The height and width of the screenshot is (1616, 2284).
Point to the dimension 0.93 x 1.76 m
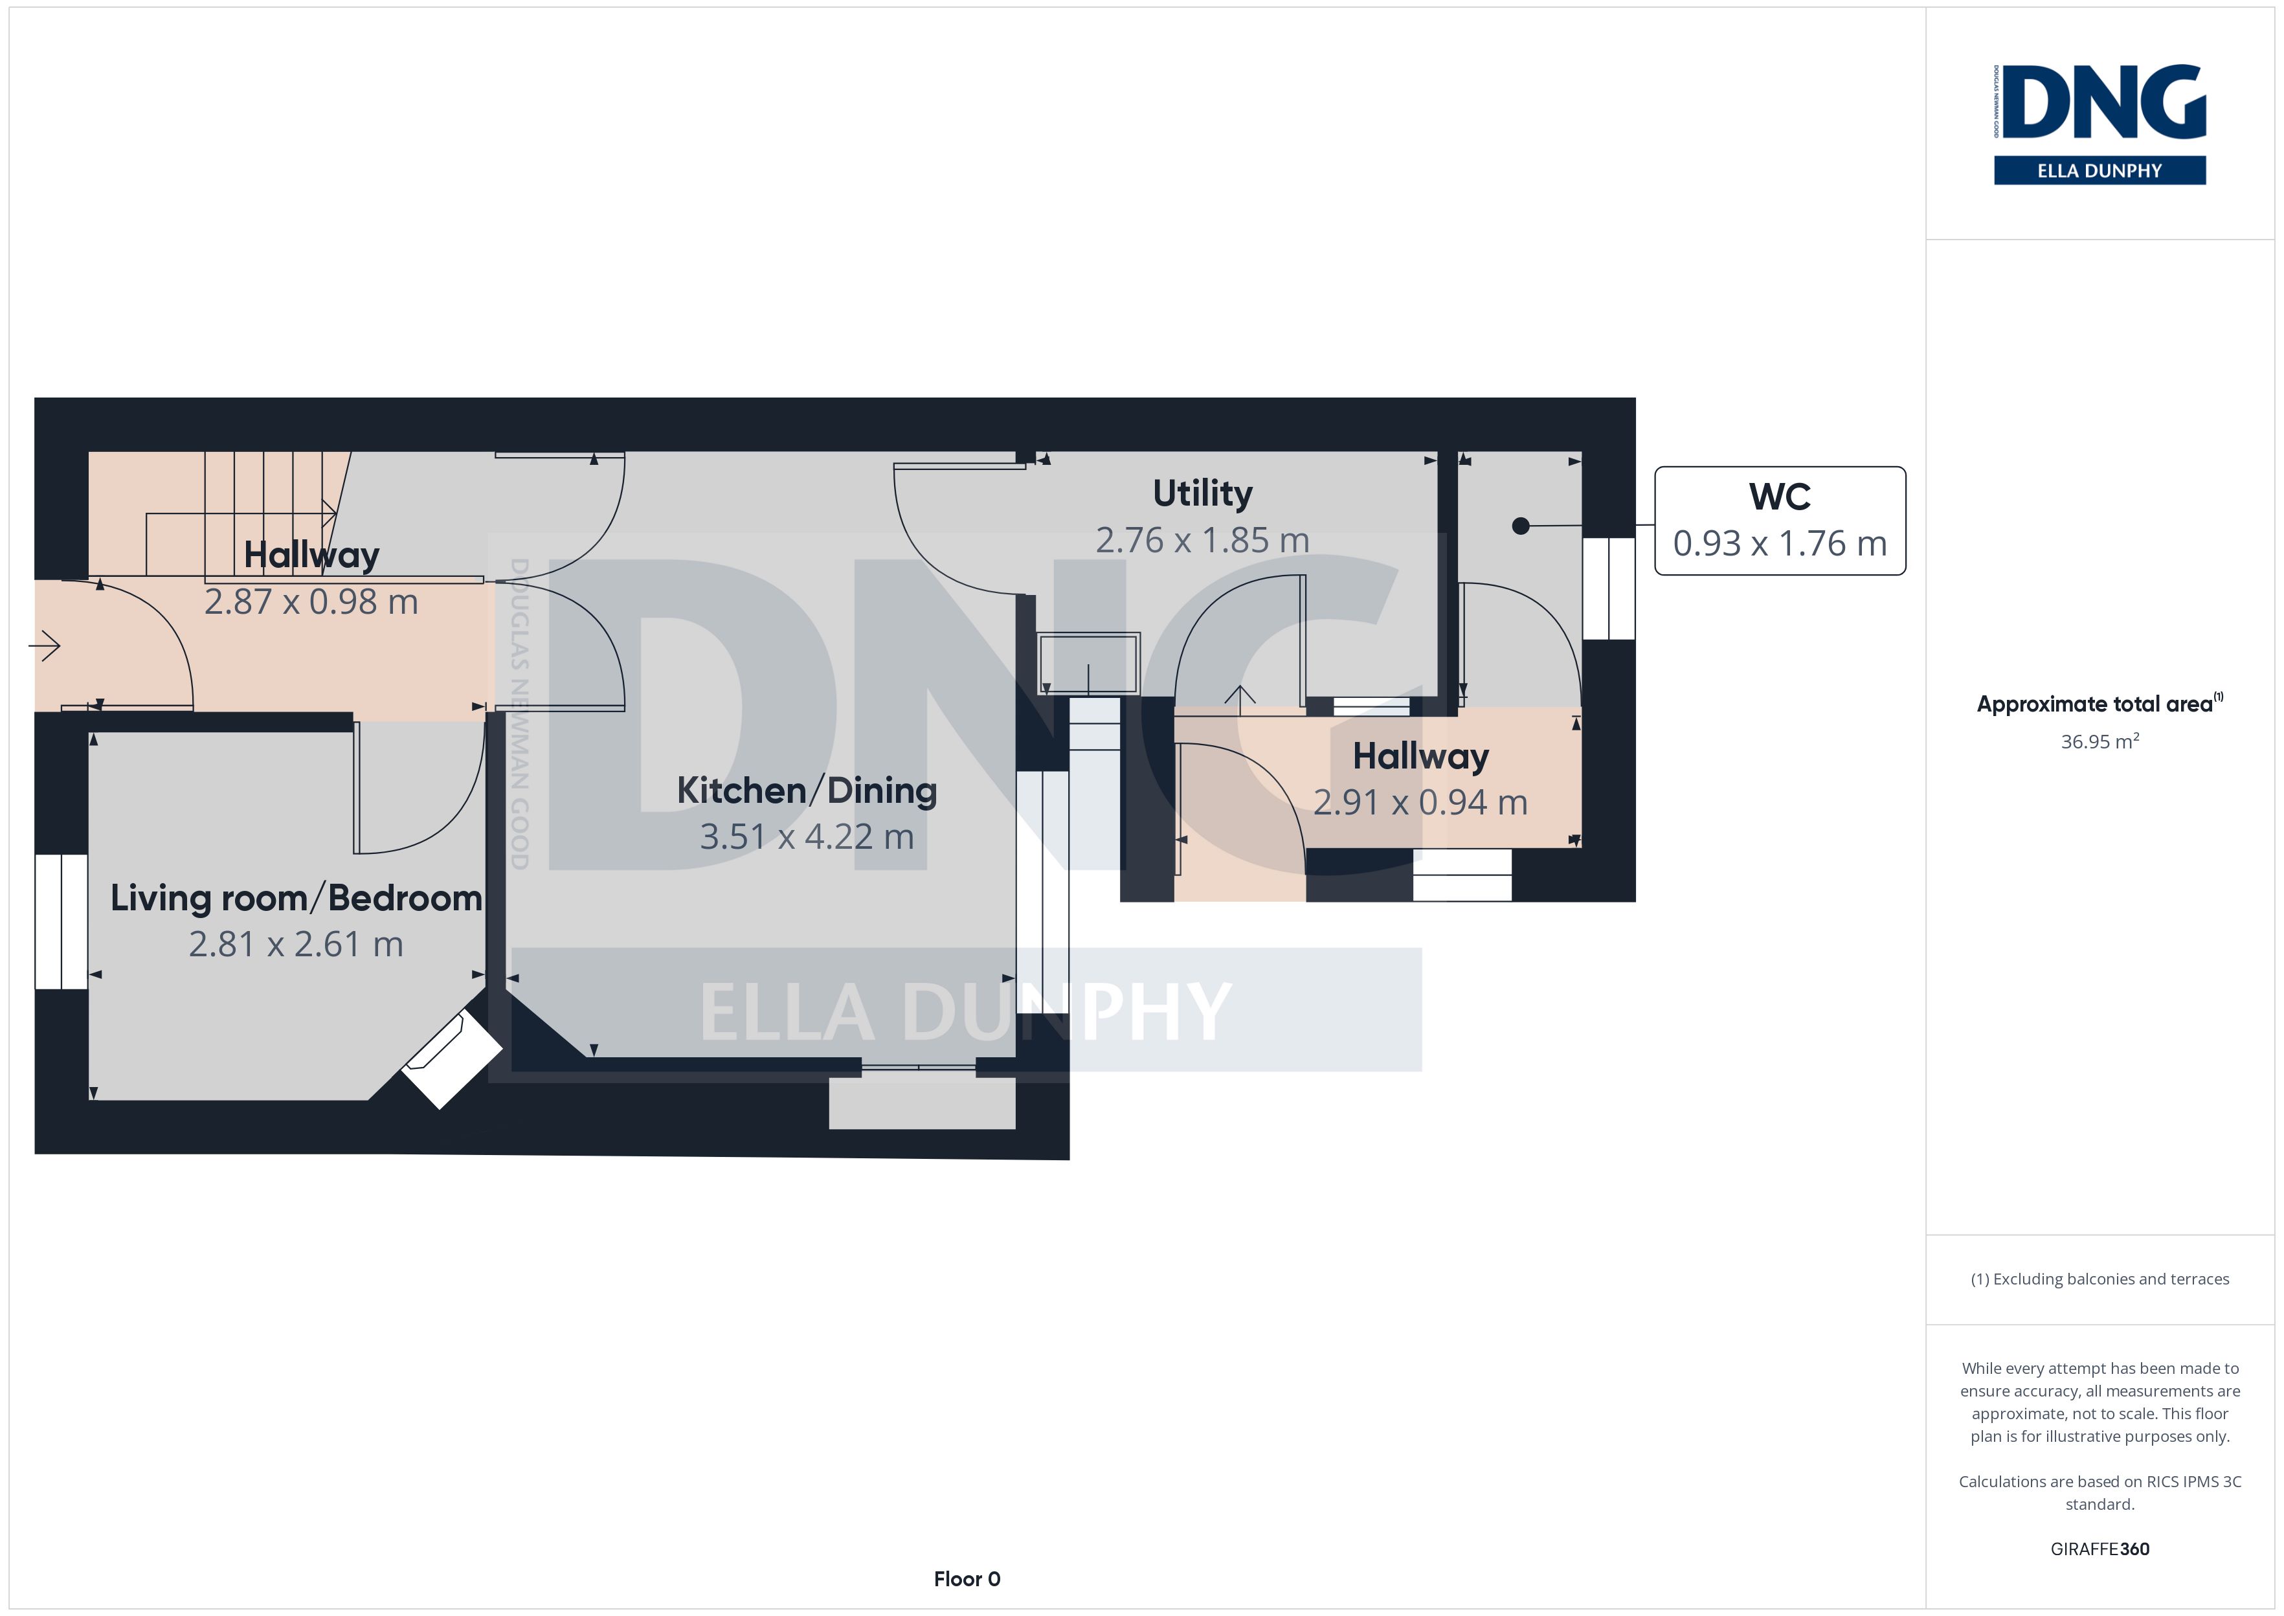1780,543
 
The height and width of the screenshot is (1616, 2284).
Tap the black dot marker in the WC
1520,526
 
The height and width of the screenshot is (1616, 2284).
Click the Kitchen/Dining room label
807,790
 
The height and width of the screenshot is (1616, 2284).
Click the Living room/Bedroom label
297,897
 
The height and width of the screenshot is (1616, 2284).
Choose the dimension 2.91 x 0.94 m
1420,803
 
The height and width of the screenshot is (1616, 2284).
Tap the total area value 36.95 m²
2100,741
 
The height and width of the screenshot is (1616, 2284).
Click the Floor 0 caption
967,1579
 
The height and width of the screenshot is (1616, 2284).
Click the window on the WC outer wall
1609,588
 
